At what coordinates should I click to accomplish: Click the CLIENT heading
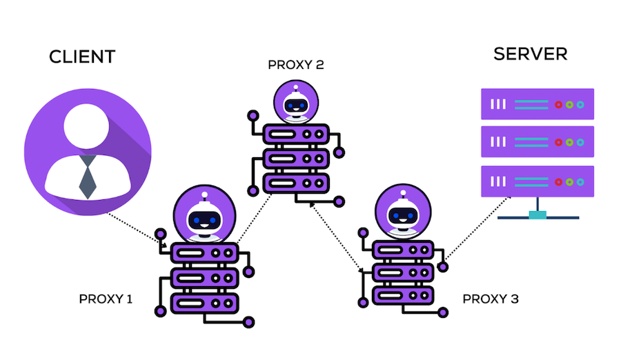tap(81, 57)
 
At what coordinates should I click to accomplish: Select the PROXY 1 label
tap(106, 299)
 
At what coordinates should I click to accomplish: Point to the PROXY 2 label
tap(295, 66)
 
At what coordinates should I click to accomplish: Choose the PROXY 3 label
tap(490, 299)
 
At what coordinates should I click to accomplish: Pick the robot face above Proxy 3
tap(402, 216)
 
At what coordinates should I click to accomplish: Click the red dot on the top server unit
tap(558, 104)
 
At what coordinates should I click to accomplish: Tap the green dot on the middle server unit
tap(569, 142)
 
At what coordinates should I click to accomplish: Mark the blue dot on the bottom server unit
tap(580, 181)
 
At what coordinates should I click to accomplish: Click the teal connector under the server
tap(538, 215)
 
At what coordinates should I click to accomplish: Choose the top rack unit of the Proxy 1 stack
tap(204, 253)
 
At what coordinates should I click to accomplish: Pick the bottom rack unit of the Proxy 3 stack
tap(402, 295)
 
